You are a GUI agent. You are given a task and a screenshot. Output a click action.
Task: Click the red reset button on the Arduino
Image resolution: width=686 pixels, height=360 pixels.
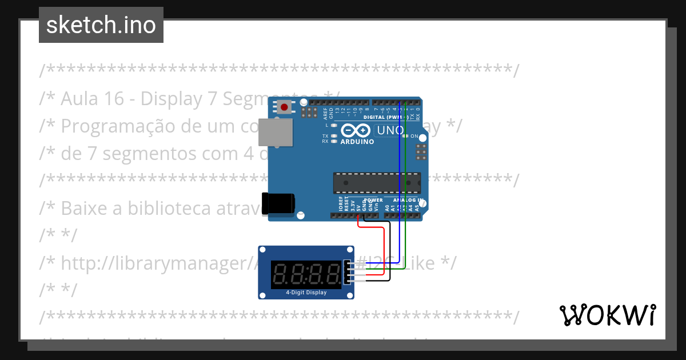tap(284, 107)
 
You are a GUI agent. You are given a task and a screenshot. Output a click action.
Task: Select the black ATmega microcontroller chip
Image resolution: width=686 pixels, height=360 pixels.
tap(377, 183)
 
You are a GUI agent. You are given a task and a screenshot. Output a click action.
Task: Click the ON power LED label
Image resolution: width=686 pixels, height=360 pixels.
tap(415, 137)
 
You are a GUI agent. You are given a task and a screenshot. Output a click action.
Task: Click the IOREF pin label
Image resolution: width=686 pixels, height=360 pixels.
tap(341, 205)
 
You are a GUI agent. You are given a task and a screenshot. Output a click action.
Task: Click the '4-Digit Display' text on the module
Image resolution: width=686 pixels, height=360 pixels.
tap(306, 293)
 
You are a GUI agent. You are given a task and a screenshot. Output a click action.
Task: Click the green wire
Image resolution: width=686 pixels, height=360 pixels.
tap(405, 189)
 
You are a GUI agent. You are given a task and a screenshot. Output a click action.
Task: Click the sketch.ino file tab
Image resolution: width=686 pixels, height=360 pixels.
tap(101, 25)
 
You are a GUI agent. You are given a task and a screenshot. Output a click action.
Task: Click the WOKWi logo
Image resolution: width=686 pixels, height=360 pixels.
tap(607, 315)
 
